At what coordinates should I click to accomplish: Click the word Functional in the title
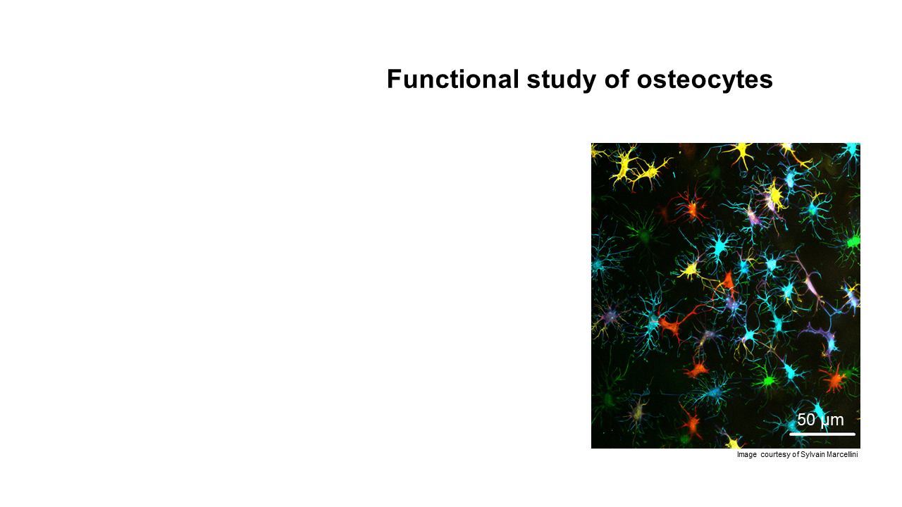pyautogui.click(x=453, y=79)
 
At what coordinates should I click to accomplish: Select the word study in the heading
pyautogui.click(x=562, y=80)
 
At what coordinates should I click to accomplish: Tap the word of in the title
pyautogui.click(x=617, y=79)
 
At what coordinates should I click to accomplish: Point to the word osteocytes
pyautogui.click(x=705, y=80)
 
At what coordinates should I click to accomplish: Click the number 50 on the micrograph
pyautogui.click(x=806, y=420)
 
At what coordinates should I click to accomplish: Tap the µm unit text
pyautogui.click(x=832, y=421)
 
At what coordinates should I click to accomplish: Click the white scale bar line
pyautogui.click(x=822, y=434)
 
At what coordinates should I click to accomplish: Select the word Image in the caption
pyautogui.click(x=747, y=455)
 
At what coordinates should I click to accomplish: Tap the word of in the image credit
pyautogui.click(x=796, y=454)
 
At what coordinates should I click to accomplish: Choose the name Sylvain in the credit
pyautogui.click(x=811, y=455)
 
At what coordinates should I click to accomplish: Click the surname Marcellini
pyautogui.click(x=841, y=454)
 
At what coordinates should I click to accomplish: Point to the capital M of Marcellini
pyautogui.click(x=827, y=454)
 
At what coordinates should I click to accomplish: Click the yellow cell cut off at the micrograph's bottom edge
pyautogui.click(x=733, y=444)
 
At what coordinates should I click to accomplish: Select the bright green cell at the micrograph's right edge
pyautogui.click(x=853, y=242)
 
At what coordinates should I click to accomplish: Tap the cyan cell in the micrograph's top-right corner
pyautogui.click(x=851, y=150)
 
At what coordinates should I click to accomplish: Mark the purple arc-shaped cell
pyautogui.click(x=822, y=338)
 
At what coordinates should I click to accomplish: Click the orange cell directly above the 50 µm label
pyautogui.click(x=834, y=379)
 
